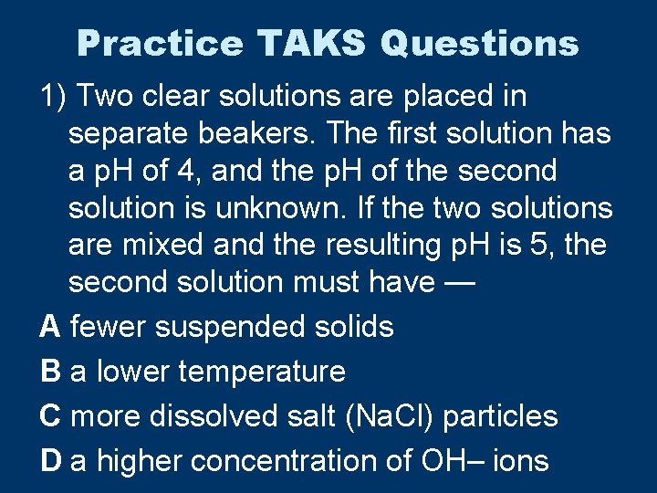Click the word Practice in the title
(160, 43)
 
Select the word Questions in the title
(479, 43)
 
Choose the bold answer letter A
(50, 326)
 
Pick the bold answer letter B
(50, 372)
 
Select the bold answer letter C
(50, 416)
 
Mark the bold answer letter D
(50, 461)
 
